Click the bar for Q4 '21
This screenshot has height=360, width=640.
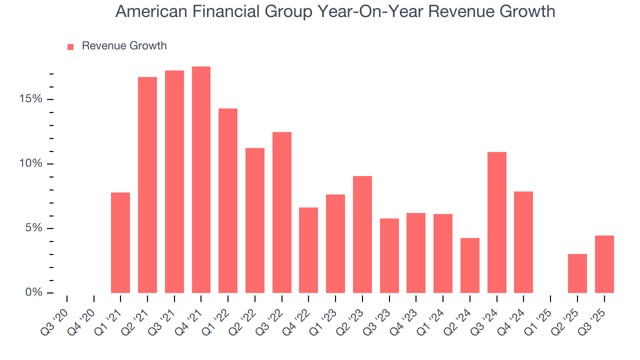tap(201, 180)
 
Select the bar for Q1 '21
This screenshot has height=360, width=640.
tap(120, 243)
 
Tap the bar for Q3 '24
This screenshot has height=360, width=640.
tap(497, 222)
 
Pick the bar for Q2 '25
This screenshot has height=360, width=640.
tap(577, 273)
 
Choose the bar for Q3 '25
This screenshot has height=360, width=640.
tap(604, 264)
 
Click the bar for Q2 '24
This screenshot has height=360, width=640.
tap(470, 265)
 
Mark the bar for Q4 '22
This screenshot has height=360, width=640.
tap(308, 250)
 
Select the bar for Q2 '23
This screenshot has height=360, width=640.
tap(362, 234)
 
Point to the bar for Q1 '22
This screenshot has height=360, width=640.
tap(228, 201)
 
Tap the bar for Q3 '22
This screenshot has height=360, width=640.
tap(282, 212)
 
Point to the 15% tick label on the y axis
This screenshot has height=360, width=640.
tap(31, 99)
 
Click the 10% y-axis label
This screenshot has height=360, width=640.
tap(31, 164)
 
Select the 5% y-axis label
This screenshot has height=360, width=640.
tap(33, 228)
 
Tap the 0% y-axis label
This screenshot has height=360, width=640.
tap(33, 293)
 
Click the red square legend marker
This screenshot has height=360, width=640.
tap(70, 46)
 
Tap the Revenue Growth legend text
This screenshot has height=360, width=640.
tap(124, 46)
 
